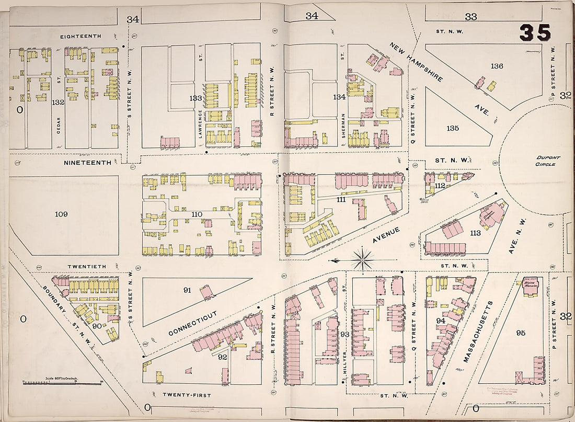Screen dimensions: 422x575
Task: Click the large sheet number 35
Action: coord(535,33)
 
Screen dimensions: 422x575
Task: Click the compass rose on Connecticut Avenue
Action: coord(362,258)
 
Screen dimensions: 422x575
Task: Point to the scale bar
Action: coord(62,383)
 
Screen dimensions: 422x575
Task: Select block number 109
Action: coord(61,214)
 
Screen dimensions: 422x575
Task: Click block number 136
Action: coord(497,66)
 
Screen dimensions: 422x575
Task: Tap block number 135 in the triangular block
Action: coord(452,128)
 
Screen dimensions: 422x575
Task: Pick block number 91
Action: coord(188,291)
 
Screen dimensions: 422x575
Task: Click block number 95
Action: coord(520,333)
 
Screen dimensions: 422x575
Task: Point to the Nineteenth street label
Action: coord(87,163)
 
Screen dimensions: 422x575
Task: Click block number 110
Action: coord(197,214)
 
